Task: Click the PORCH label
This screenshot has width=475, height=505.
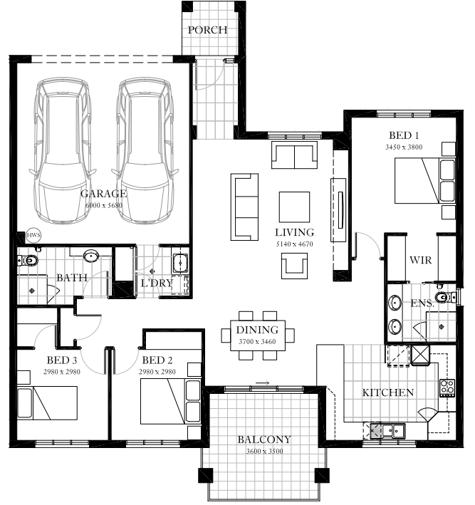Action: (x=207, y=30)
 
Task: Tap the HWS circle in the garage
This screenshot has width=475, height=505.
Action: (x=33, y=235)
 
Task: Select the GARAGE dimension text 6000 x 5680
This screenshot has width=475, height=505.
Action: (x=104, y=205)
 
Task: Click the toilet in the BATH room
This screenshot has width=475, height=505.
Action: (x=28, y=259)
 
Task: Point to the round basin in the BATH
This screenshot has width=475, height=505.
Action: (x=91, y=256)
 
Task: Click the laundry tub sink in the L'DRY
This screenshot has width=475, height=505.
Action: (x=180, y=263)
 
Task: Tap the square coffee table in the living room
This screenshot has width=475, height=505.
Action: (x=294, y=207)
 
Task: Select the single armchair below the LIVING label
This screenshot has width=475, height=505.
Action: (x=294, y=266)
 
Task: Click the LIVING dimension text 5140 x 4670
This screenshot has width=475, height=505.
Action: (x=294, y=244)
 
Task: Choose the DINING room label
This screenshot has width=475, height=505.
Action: (x=257, y=330)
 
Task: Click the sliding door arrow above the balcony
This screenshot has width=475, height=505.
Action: (x=263, y=383)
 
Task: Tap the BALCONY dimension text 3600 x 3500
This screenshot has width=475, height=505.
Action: (x=264, y=451)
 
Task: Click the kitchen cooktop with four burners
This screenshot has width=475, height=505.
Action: (x=447, y=387)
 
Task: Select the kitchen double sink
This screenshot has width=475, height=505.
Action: (x=393, y=431)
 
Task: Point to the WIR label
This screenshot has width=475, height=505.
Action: (x=421, y=260)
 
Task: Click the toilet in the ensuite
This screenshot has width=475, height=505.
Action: (x=446, y=297)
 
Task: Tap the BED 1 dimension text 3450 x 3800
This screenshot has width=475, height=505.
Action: (x=404, y=147)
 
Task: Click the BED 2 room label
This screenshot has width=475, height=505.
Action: (x=157, y=360)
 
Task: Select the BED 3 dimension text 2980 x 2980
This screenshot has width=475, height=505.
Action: (x=62, y=372)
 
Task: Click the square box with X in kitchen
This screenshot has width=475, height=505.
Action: (x=420, y=355)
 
